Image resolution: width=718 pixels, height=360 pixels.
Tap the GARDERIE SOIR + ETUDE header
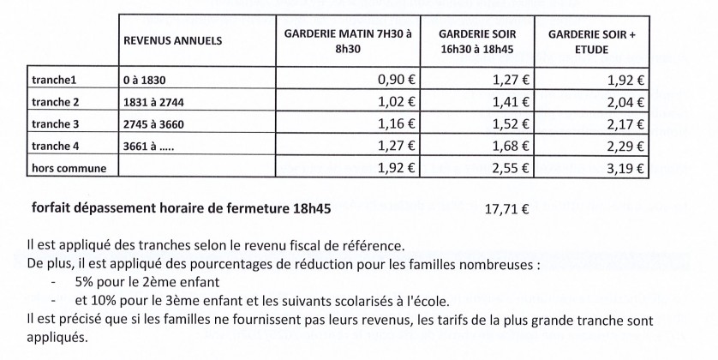click(590, 40)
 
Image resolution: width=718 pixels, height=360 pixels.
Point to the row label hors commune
click(68, 168)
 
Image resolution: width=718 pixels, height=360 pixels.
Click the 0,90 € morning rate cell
click(397, 82)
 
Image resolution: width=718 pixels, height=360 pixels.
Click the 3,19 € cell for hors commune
click(626, 168)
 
